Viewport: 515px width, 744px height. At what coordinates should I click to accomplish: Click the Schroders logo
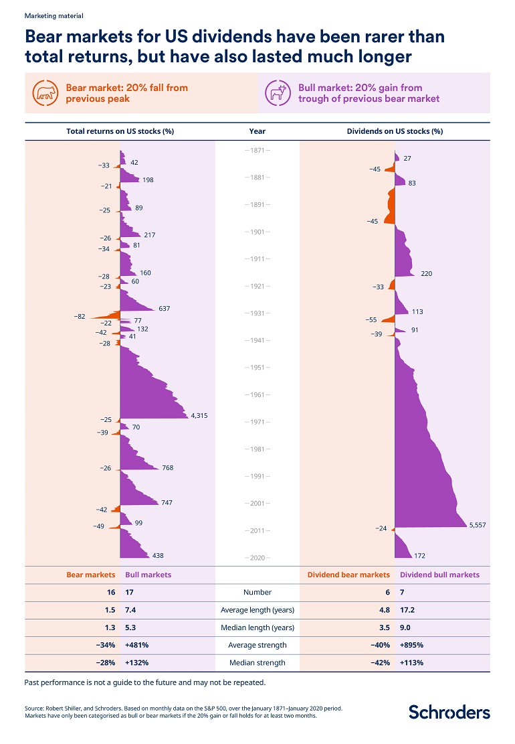[x=449, y=711]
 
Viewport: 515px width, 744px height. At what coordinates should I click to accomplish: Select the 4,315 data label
[x=199, y=415]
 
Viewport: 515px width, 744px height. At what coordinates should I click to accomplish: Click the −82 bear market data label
[x=80, y=316]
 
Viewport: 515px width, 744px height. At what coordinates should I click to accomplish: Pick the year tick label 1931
[x=257, y=313]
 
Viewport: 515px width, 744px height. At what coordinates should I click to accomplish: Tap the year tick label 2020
[x=257, y=558]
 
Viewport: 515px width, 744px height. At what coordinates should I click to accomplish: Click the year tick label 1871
[x=257, y=150]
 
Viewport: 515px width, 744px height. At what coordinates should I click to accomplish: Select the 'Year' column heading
[x=257, y=131]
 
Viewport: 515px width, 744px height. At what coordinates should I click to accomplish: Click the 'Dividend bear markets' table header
[x=348, y=575]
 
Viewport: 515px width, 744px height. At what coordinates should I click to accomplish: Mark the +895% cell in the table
[x=411, y=645]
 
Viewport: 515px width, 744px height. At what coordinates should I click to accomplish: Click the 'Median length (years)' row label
[x=257, y=627]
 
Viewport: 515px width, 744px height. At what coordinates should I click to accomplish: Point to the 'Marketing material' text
[x=49, y=15]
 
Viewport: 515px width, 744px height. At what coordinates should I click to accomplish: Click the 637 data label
[x=164, y=308]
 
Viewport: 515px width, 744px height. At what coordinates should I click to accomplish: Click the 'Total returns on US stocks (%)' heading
[x=120, y=131]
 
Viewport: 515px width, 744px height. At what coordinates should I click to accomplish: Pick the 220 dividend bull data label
[x=426, y=273]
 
